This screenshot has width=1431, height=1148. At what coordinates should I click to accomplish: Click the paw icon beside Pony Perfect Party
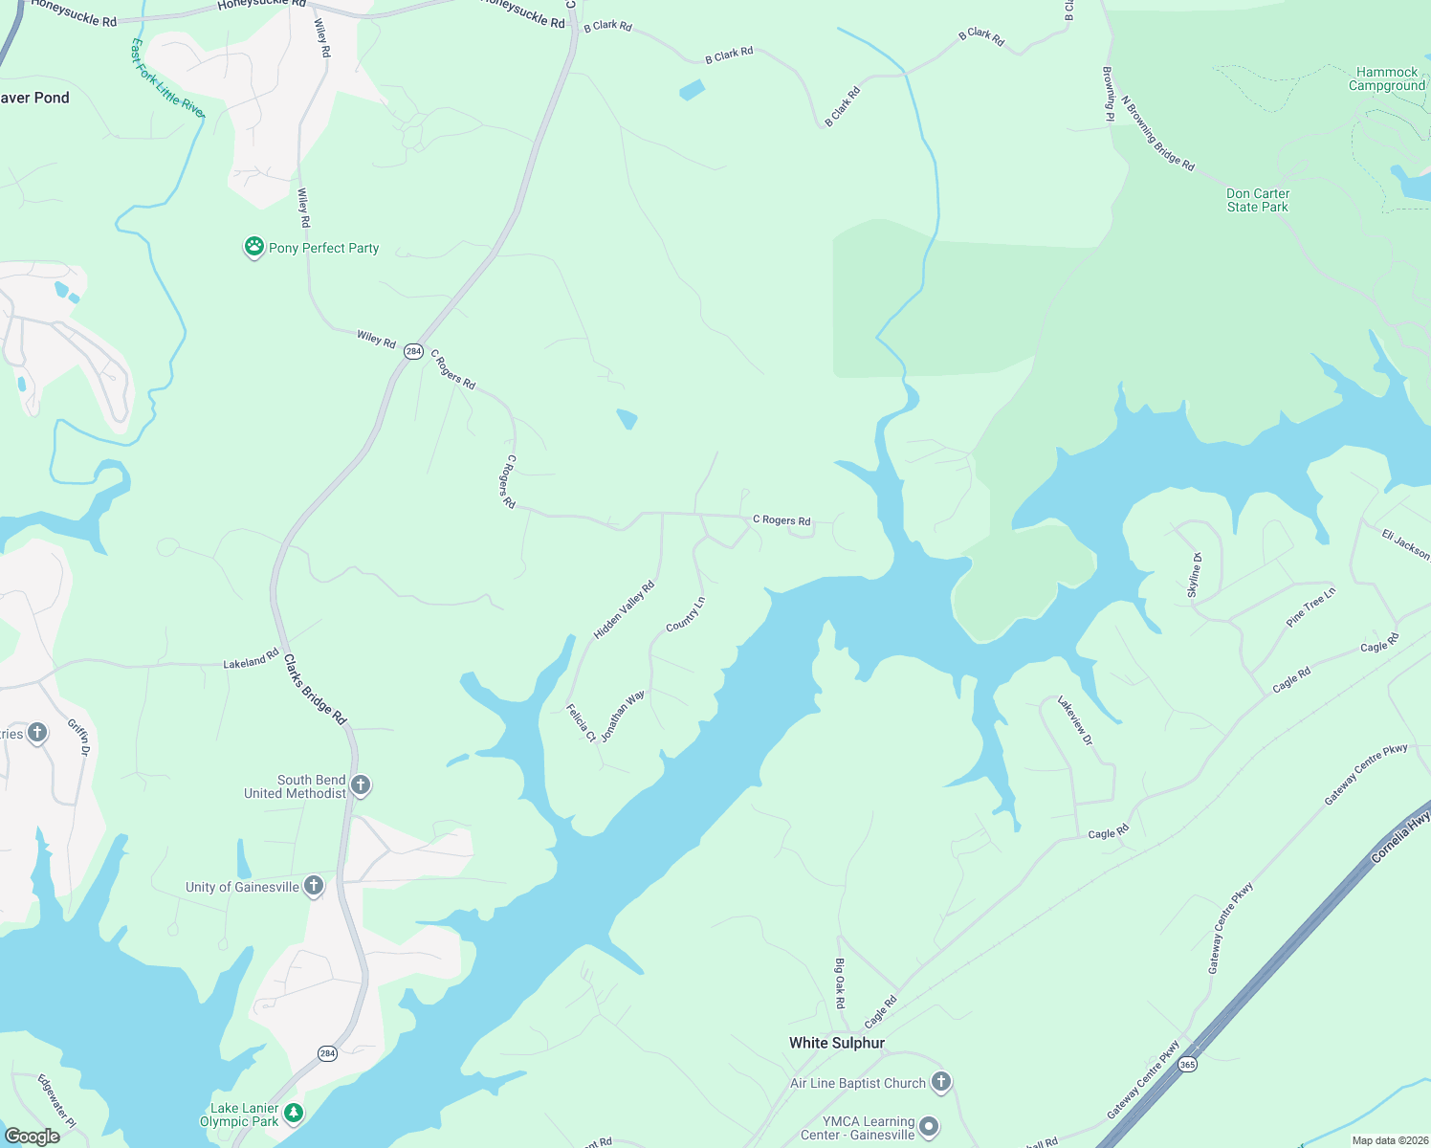coord(253,248)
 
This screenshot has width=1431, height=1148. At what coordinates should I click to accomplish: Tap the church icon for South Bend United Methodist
coord(361,786)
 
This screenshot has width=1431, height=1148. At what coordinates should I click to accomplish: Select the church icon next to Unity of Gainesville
coord(314,887)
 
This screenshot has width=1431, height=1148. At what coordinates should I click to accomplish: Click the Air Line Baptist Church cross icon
coord(941,1083)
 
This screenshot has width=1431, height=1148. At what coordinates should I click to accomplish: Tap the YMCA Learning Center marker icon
coord(929,1127)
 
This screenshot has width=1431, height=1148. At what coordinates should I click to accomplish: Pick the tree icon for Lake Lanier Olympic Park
coord(294,1113)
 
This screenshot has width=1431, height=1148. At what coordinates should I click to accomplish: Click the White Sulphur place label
coord(836,1043)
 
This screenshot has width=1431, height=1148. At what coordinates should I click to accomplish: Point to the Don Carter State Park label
coord(1257,200)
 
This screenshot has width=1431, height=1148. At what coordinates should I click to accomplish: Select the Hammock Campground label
coord(1386,78)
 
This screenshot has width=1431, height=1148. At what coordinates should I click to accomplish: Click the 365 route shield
coord(1187,1064)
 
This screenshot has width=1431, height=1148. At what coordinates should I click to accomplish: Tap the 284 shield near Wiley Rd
coord(412,351)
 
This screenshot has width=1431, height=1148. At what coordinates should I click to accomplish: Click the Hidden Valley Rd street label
coord(624,609)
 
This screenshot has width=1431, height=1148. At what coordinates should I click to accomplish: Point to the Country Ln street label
coord(685,614)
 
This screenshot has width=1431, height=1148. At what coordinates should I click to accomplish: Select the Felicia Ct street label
coord(581,722)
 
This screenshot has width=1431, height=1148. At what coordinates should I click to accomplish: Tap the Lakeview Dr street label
coord(1074,720)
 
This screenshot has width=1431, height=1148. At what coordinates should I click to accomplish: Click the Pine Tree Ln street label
coord(1310,607)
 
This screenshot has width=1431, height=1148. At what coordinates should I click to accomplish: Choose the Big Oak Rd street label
coord(840,983)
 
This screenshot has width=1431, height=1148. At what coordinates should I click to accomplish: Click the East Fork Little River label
coord(167,78)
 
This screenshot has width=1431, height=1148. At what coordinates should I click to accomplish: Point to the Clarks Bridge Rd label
coord(315,690)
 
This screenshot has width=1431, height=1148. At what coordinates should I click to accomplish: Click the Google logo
coord(33,1137)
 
